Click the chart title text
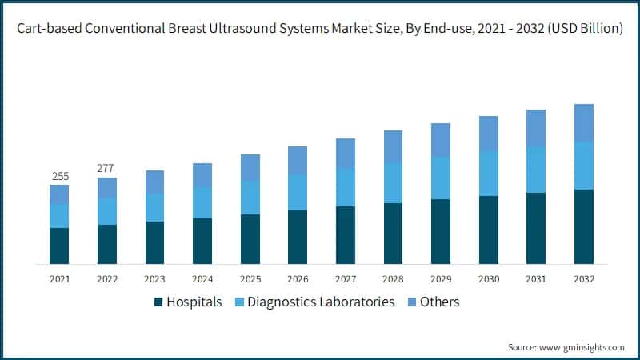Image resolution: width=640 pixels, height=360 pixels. point(320,29)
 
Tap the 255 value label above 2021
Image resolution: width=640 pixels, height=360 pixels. point(59,176)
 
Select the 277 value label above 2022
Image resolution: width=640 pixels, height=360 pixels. point(106,168)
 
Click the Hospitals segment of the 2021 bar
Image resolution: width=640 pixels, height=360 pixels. point(59,246)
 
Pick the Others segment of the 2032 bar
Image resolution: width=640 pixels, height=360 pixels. point(584,123)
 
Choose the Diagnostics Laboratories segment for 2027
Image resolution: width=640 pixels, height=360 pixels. point(346,188)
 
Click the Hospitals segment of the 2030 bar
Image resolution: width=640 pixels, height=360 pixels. point(489,230)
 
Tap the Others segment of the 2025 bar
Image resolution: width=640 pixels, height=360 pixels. point(250,167)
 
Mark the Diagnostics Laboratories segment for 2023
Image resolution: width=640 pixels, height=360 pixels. point(154,207)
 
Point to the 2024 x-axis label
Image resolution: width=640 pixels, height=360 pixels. point(202,279)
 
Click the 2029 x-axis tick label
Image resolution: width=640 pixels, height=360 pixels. point(441,279)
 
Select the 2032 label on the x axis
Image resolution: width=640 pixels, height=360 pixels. point(584,279)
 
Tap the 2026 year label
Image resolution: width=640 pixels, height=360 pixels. point(298,279)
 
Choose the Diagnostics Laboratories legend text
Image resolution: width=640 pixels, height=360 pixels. point(321,302)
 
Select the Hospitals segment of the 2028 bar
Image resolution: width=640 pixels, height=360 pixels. point(394,234)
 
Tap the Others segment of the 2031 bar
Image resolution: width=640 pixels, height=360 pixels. point(536,128)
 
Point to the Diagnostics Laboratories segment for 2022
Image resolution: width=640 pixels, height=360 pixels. point(106,211)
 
